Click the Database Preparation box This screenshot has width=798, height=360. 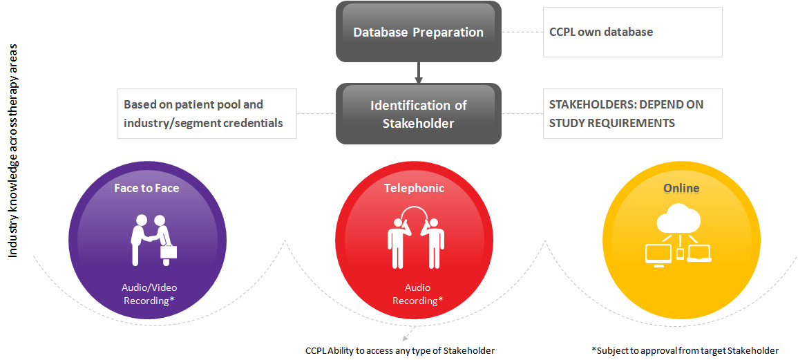[418, 32]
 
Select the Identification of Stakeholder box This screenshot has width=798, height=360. [418, 114]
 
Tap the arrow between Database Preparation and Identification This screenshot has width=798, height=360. [418, 71]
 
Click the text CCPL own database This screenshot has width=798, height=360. [600, 32]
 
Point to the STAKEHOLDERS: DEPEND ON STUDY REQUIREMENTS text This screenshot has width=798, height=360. [626, 113]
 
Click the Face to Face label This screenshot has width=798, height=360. [146, 187]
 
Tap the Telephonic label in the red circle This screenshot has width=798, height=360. [414, 187]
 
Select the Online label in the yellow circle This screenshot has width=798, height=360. [681, 188]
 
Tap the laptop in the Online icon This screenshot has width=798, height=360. [699, 254]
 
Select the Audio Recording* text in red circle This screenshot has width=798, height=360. [417, 294]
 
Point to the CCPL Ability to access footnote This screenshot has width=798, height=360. [400, 350]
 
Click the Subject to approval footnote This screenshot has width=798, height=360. [685, 350]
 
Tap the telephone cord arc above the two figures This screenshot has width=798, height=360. [415, 210]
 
